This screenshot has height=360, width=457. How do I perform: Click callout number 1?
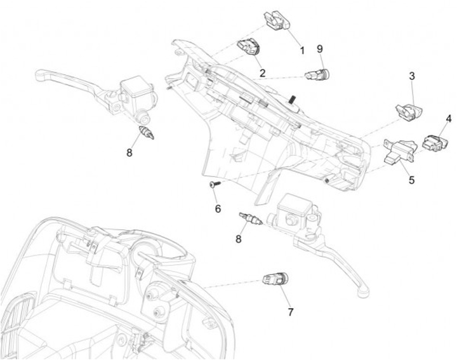tap(302, 50)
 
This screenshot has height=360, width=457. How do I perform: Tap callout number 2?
tap(262, 72)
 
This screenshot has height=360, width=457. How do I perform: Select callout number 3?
tap(412, 76)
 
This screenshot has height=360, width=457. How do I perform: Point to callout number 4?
tap(448, 119)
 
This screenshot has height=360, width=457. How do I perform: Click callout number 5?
tap(411, 180)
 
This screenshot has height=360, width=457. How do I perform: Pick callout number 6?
tap(218, 208)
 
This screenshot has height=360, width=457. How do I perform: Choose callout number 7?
tap(291, 312)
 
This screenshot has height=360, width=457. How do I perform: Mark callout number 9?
tap(320, 48)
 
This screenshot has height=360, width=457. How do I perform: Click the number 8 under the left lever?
tap(129, 152)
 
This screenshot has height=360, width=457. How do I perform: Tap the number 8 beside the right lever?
tap(239, 239)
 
